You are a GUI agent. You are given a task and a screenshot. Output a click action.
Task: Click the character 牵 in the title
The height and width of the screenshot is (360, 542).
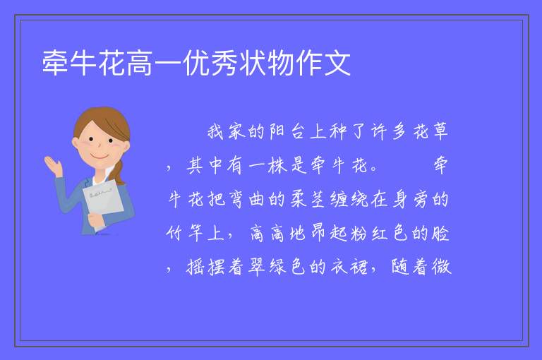pos(55,63)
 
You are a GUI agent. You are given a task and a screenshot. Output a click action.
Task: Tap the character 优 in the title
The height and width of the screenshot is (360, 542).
pos(196,63)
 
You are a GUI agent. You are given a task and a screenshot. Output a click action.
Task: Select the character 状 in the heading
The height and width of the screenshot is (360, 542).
pos(253,63)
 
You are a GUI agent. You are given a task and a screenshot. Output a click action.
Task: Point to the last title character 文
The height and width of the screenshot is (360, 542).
pos(337,63)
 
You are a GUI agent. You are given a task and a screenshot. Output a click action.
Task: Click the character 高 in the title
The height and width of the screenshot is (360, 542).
pos(140,63)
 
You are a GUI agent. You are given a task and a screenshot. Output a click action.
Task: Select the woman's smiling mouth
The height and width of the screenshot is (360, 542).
pos(100,157)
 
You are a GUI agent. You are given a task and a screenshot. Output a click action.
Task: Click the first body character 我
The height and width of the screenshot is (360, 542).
pos(216,131)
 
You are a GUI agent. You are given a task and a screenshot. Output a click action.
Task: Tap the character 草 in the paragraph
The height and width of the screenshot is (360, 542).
pos(440,131)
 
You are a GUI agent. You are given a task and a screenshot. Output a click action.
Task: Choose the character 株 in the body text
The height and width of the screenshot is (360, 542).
pos(277,165)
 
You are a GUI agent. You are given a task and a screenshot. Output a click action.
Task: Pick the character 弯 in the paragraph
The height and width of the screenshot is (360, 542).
pos(236,199)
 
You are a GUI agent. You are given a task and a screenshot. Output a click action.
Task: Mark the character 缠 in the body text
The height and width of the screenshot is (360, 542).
pos(339,199)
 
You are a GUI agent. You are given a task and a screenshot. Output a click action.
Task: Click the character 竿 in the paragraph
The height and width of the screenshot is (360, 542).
pos(195,233)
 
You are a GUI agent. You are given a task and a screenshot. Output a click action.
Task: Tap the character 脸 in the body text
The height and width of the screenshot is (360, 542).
pos(440,233)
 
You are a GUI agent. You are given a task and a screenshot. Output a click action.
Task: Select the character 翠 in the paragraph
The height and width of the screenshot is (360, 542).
pos(257,267)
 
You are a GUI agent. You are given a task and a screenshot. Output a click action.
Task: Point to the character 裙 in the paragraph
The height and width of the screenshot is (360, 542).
pos(359,267)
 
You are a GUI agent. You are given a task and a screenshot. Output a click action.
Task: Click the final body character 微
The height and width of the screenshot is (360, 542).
pos(441,267)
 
